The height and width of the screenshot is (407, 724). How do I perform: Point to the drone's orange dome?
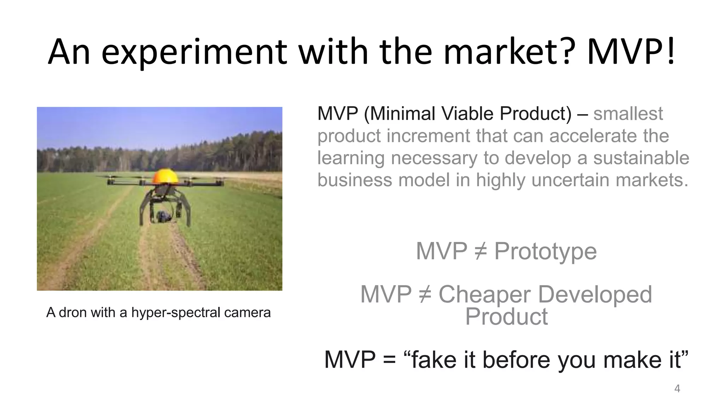pyautogui.click(x=165, y=176)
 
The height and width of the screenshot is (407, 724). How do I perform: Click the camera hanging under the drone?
pyautogui.click(x=163, y=216)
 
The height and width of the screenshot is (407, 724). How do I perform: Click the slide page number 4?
pyautogui.click(x=677, y=389)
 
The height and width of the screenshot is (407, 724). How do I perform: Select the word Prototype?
pyautogui.click(x=545, y=251)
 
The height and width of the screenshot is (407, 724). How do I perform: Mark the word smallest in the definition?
pyautogui.click(x=628, y=113)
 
